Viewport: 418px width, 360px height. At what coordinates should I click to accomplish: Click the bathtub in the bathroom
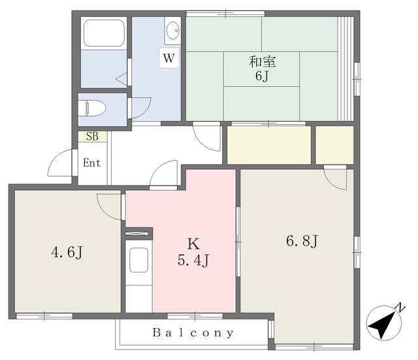tap(104, 33)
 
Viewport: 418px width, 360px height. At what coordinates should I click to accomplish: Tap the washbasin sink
tap(172, 31)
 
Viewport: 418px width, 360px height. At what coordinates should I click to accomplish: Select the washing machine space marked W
tap(169, 57)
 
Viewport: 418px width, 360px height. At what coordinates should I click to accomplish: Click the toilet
tap(92, 108)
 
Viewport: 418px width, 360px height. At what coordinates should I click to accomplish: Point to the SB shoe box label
tap(92, 137)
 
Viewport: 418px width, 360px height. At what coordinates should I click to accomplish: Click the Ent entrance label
tap(91, 163)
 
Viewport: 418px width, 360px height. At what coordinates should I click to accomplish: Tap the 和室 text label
tap(263, 61)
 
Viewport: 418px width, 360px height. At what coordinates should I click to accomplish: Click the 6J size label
tap(261, 76)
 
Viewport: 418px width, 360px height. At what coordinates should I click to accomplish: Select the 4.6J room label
tap(67, 252)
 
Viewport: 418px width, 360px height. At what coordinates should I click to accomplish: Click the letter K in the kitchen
tap(193, 244)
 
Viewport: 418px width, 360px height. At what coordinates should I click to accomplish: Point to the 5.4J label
tap(193, 260)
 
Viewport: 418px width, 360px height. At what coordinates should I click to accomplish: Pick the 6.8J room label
tap(302, 241)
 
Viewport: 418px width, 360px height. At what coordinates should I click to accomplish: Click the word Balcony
tap(193, 333)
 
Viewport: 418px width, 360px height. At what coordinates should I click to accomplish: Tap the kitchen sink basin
tap(138, 260)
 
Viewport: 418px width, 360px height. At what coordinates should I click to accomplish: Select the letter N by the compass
tap(400, 307)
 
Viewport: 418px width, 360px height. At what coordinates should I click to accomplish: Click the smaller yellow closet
tap(334, 145)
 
